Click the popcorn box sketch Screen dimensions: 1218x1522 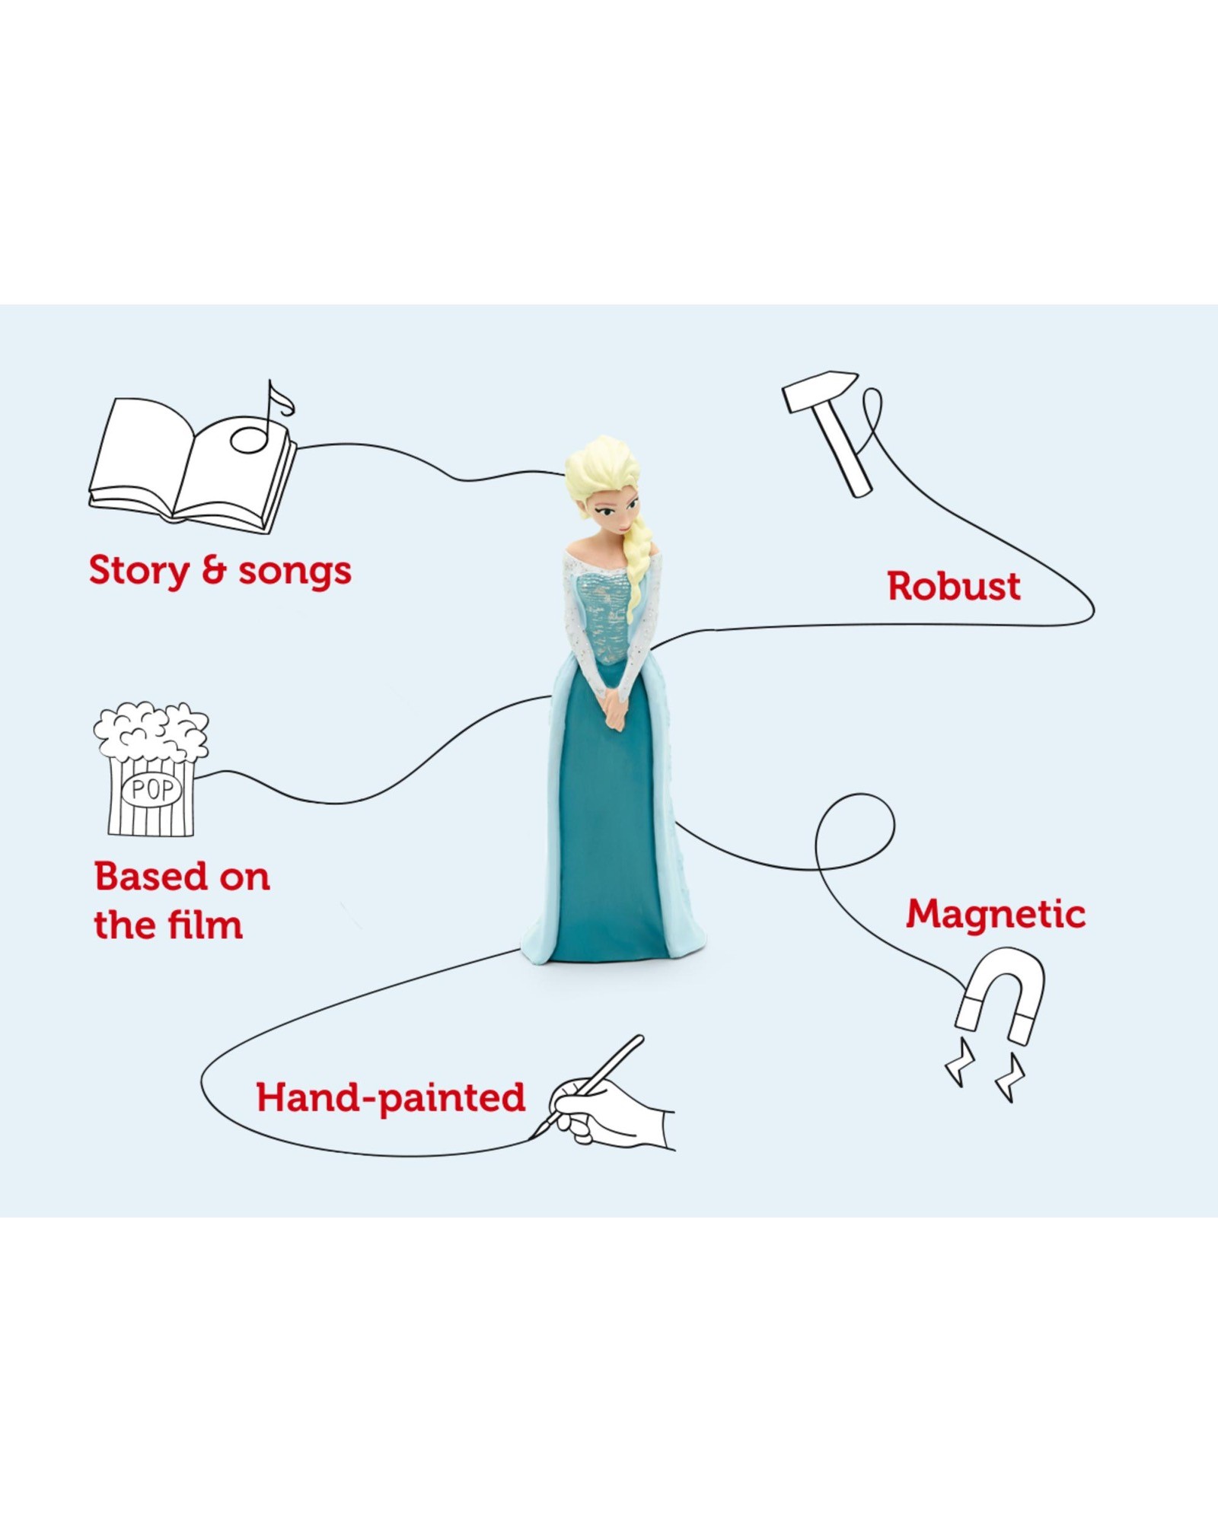coord(151,769)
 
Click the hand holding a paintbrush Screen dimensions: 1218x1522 coord(601,1096)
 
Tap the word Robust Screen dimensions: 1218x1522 coord(954,587)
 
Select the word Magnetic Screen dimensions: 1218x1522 coord(996,914)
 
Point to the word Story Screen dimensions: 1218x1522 coord(139,571)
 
